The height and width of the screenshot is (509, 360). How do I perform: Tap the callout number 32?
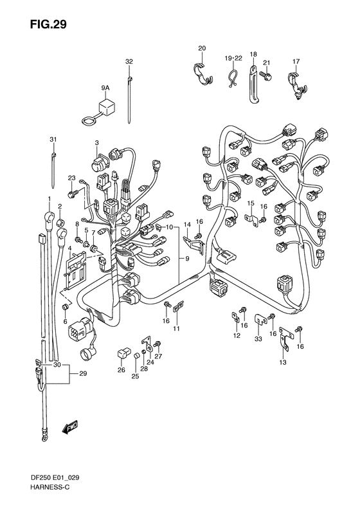129,61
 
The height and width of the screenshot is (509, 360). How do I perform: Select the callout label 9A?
104,88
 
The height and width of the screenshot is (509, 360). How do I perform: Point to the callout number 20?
202,49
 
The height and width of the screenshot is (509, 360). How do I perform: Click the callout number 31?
53,140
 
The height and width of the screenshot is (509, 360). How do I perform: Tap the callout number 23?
72,178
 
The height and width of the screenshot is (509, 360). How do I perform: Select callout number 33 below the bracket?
258,338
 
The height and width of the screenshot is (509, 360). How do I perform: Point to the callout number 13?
283,363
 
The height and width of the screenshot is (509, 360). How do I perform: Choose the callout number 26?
122,369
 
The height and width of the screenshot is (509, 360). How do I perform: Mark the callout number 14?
187,224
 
